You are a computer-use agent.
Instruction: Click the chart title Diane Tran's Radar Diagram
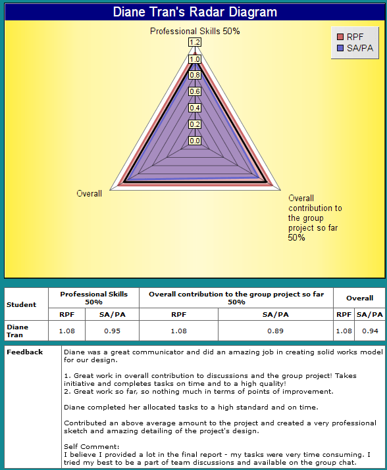195,12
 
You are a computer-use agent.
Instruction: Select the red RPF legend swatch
340,37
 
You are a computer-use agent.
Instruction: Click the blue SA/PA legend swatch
340,48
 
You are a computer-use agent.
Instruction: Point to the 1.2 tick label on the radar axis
195,42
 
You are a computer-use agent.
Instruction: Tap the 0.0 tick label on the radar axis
195,141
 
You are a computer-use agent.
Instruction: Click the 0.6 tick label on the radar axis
195,91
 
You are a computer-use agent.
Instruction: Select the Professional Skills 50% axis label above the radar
195,31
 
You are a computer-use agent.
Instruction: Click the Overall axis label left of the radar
89,194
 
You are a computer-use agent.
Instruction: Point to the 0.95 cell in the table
112,331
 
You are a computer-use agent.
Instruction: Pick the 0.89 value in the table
275,331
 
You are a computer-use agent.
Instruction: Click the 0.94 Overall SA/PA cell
370,331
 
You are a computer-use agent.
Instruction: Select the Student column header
21,304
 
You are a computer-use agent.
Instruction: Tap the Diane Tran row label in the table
17,331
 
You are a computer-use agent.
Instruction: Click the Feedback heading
24,352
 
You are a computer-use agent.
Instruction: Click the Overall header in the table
359,298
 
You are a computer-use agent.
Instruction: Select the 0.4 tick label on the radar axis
195,108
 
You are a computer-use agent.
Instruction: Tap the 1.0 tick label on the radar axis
195,59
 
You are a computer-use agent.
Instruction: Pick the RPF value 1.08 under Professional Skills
66,331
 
